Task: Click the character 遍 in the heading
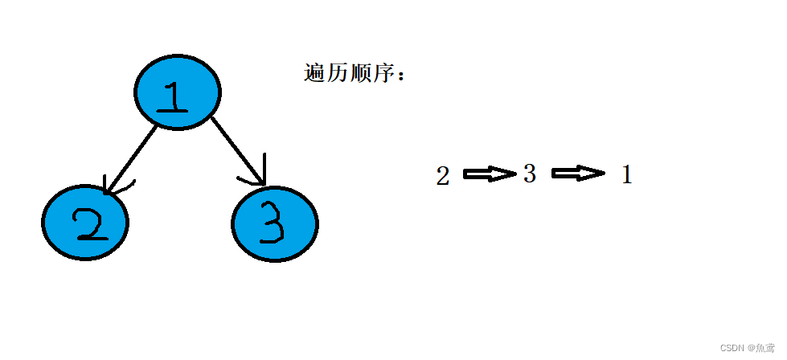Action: (314, 74)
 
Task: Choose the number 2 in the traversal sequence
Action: (443, 176)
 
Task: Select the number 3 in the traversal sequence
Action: (529, 174)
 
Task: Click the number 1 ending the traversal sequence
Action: (627, 174)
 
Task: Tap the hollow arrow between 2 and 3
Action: (489, 174)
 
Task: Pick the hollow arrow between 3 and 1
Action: (577, 174)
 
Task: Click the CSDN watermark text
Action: (731, 348)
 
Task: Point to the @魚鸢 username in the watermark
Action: (761, 348)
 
